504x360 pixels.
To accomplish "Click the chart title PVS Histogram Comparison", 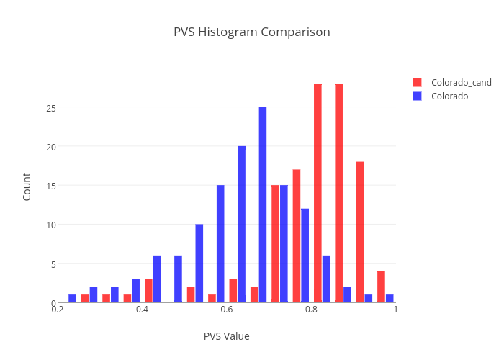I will tap(252, 32).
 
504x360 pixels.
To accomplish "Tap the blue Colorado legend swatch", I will tap(417, 96).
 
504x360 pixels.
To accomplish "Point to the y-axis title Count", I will tap(27, 186).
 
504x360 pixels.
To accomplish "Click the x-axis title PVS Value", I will tap(226, 336).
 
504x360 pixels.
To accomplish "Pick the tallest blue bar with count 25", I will tap(263, 204).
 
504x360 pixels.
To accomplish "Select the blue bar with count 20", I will tap(241, 224).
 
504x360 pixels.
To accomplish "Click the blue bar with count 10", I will tap(199, 263).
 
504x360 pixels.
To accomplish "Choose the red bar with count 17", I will tap(296, 235).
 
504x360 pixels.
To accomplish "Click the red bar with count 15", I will tap(275, 243).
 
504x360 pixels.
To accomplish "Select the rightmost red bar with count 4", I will tap(381, 287).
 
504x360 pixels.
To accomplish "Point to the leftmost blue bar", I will tap(72, 298).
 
